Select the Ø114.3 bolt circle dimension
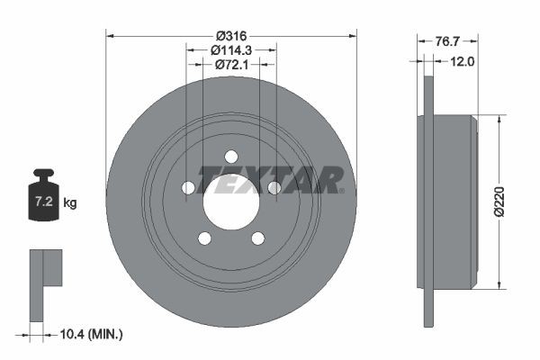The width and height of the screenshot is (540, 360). pos(231,50)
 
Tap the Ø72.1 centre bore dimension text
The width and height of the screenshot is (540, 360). pos(231,66)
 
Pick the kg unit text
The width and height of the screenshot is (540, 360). pos(70,203)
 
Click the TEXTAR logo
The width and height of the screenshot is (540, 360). pos(270,180)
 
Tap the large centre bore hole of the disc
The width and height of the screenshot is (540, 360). pos(231,200)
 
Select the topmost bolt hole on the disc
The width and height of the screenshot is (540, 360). pos(231,155)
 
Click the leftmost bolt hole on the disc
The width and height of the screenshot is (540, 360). pos(188,187)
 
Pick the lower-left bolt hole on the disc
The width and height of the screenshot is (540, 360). pos(204,238)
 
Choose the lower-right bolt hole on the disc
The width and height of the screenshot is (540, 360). pos(258,238)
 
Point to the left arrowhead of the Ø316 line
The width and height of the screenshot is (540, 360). pos(110,35)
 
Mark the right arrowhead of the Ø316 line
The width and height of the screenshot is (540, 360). pos(354,35)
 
